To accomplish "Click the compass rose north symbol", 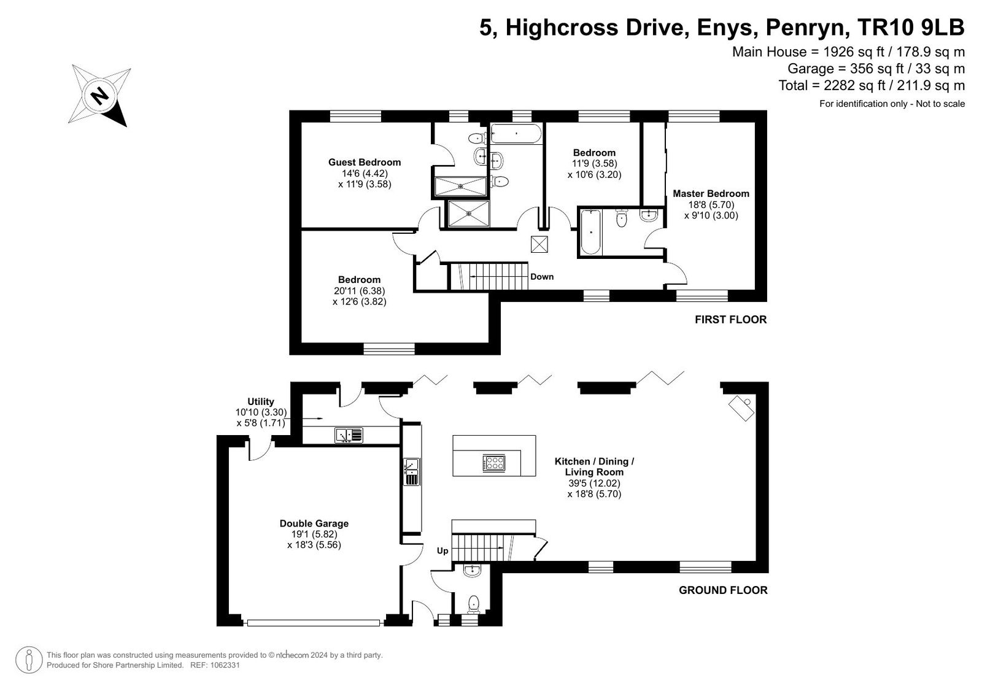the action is click(99, 95).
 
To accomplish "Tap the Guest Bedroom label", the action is click(365, 162).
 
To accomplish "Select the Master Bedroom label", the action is click(711, 193).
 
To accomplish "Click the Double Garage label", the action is click(314, 523).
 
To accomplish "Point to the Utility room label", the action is click(261, 401).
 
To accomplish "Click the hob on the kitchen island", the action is click(494, 463).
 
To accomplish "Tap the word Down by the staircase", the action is click(542, 277).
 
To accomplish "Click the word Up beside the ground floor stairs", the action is click(443, 550).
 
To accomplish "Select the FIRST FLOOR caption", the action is click(731, 320).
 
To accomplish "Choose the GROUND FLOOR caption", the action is click(724, 590).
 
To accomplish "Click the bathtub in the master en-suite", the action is click(590, 232).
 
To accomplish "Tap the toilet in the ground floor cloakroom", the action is click(473, 604).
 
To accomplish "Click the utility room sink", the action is click(349, 435).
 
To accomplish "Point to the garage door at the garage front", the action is click(314, 623).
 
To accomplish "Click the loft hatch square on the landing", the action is click(539, 244).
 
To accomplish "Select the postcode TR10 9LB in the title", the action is click(911, 27).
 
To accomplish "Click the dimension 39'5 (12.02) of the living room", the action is click(595, 483).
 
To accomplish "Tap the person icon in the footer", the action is click(29, 660).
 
